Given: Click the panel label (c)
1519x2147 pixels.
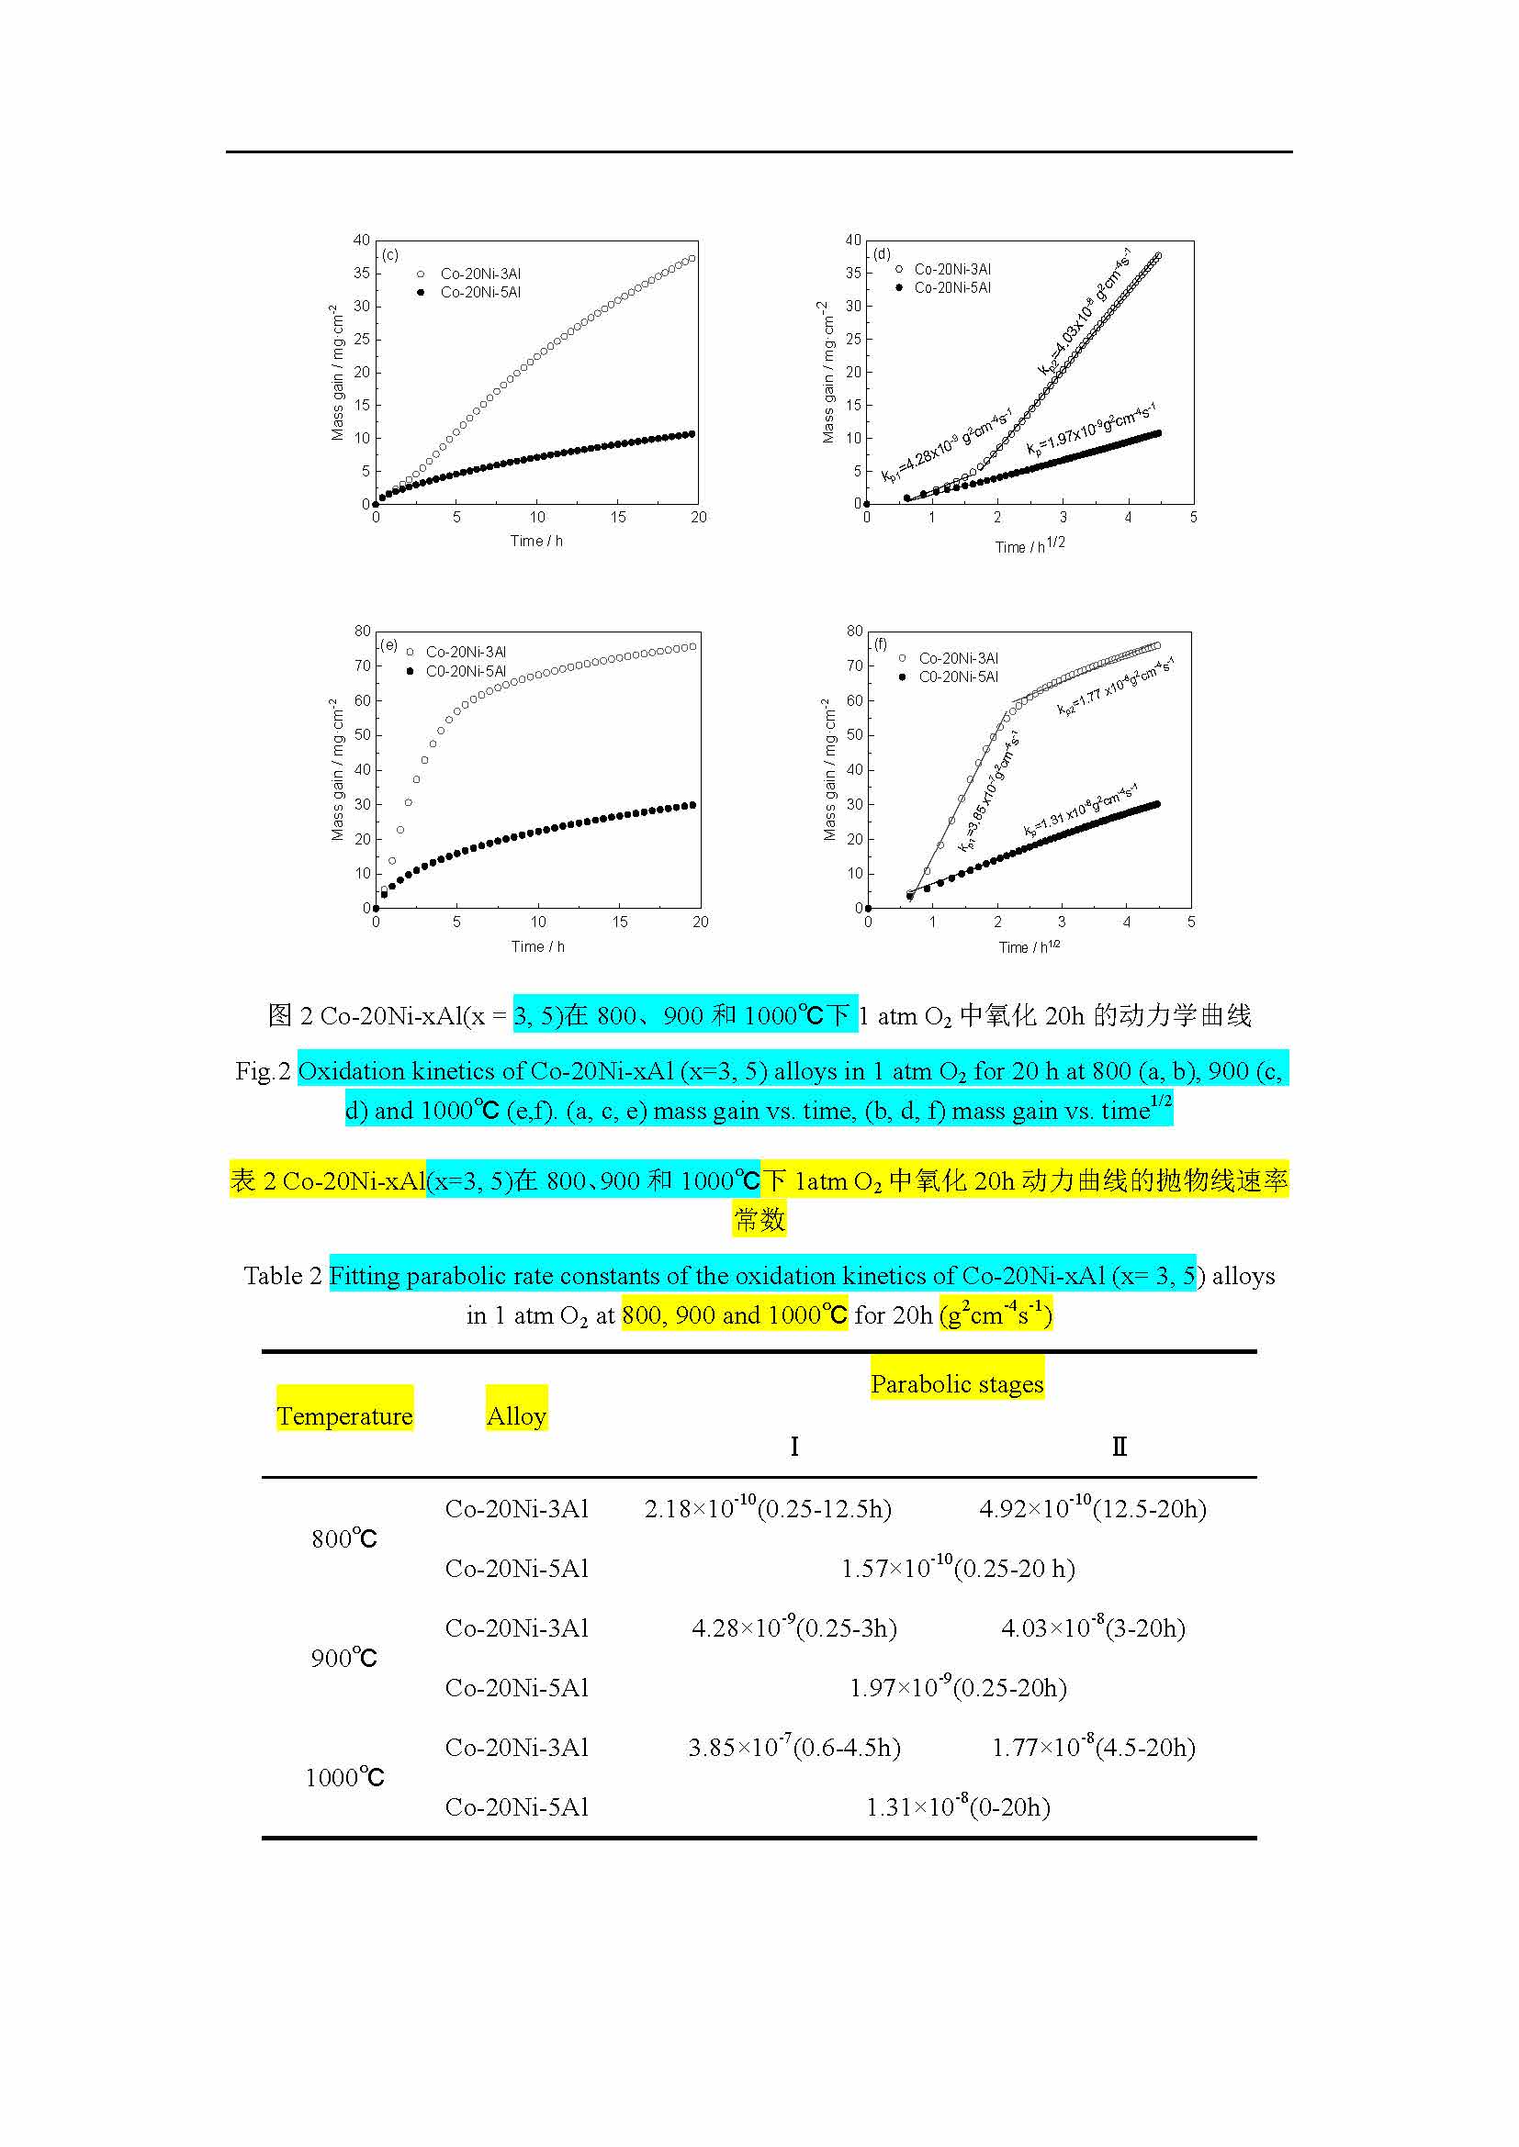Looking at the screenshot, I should pyautogui.click(x=390, y=254).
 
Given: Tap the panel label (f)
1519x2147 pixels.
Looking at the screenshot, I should pyautogui.click(x=880, y=644).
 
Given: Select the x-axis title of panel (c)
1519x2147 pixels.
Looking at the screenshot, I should pyautogui.click(x=536, y=541).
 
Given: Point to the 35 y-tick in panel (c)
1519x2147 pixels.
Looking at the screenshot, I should pyautogui.click(x=361, y=273).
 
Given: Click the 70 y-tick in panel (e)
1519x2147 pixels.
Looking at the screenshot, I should pyautogui.click(x=362, y=665).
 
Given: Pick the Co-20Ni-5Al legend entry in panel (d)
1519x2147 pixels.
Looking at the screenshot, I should pyautogui.click(x=951, y=288).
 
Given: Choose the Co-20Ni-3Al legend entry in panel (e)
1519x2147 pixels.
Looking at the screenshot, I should pyautogui.click(x=465, y=652).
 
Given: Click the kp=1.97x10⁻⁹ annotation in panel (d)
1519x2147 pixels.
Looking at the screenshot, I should pyautogui.click(x=1091, y=430).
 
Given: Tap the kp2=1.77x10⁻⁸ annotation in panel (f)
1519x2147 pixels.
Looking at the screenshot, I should pyautogui.click(x=1115, y=688).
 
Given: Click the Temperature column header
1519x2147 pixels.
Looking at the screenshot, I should pyautogui.click(x=344, y=1415).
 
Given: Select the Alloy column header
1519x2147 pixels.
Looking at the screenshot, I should pyautogui.click(x=516, y=1415).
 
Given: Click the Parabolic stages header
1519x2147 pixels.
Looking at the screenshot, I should pyautogui.click(x=957, y=1384).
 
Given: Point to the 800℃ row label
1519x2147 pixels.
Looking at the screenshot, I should pyautogui.click(x=344, y=1538).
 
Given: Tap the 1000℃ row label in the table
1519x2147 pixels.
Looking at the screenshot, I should pyautogui.click(x=344, y=1777).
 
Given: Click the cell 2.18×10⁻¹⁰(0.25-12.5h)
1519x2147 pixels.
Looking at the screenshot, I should pyautogui.click(x=767, y=1508).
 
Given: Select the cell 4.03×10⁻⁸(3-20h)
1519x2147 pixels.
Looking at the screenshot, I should pyautogui.click(x=1093, y=1628).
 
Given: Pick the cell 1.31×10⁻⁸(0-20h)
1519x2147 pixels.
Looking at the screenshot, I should pyautogui.click(x=958, y=1806).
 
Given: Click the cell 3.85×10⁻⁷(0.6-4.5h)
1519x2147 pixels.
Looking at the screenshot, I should pyautogui.click(x=794, y=1747).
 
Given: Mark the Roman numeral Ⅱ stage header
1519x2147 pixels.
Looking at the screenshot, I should pyautogui.click(x=1119, y=1447).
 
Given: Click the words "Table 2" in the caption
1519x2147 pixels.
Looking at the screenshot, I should pyautogui.click(x=283, y=1276).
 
